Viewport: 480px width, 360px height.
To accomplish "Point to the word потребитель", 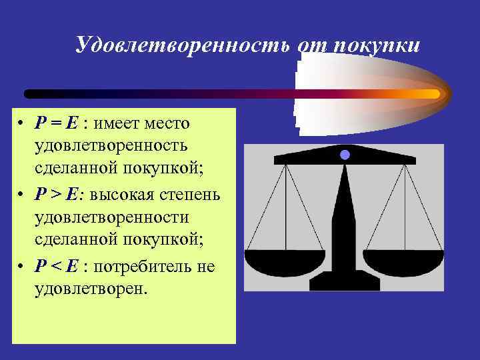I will (148, 267).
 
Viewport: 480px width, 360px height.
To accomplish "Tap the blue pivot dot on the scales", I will (345, 155).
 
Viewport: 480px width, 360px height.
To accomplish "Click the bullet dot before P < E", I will (22, 267).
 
